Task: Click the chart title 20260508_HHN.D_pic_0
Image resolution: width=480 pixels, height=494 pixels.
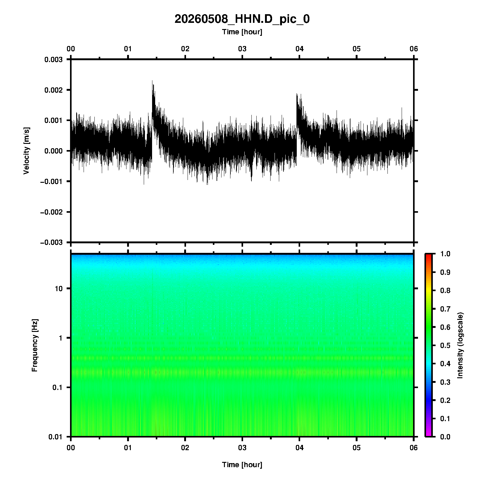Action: coord(242,19)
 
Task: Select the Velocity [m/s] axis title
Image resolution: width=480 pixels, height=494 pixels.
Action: coord(27,151)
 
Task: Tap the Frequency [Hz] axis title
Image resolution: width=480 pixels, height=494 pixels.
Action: coord(35,345)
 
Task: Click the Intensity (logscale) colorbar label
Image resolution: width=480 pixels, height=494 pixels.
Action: coord(460,345)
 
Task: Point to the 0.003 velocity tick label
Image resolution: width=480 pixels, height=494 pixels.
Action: coord(53,60)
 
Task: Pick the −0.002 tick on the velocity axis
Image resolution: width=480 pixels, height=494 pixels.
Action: coord(51,212)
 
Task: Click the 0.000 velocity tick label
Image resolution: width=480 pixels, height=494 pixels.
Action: coord(53,151)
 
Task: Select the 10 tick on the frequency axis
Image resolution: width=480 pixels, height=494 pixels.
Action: coord(59,289)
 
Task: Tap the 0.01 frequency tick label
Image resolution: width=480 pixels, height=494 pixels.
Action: coord(56,437)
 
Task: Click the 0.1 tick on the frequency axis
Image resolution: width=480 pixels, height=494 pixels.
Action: coord(57,387)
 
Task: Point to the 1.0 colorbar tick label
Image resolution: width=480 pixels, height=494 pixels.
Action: coord(445,254)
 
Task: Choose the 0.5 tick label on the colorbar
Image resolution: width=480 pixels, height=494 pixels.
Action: coord(445,345)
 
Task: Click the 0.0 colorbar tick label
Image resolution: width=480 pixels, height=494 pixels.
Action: coord(445,437)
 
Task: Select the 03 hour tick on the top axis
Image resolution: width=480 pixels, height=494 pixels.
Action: coord(242,49)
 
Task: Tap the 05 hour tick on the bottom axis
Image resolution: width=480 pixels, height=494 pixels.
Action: coord(357,448)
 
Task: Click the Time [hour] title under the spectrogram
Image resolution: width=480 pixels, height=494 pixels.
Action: coord(242,465)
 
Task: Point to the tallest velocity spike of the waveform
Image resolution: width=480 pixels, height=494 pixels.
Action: coord(152,81)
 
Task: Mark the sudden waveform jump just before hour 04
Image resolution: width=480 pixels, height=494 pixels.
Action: coord(297,124)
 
